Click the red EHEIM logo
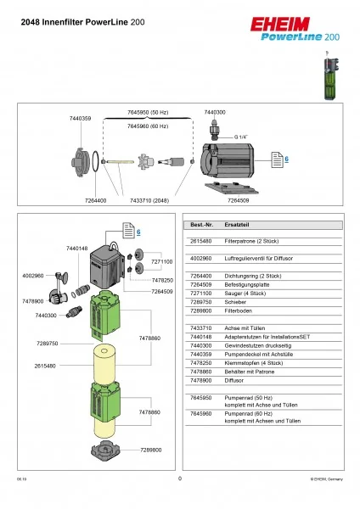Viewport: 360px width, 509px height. point(307,25)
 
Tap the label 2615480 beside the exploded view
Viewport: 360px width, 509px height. point(45,366)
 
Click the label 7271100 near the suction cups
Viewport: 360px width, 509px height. point(162,261)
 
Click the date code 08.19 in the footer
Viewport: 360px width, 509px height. point(19,479)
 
